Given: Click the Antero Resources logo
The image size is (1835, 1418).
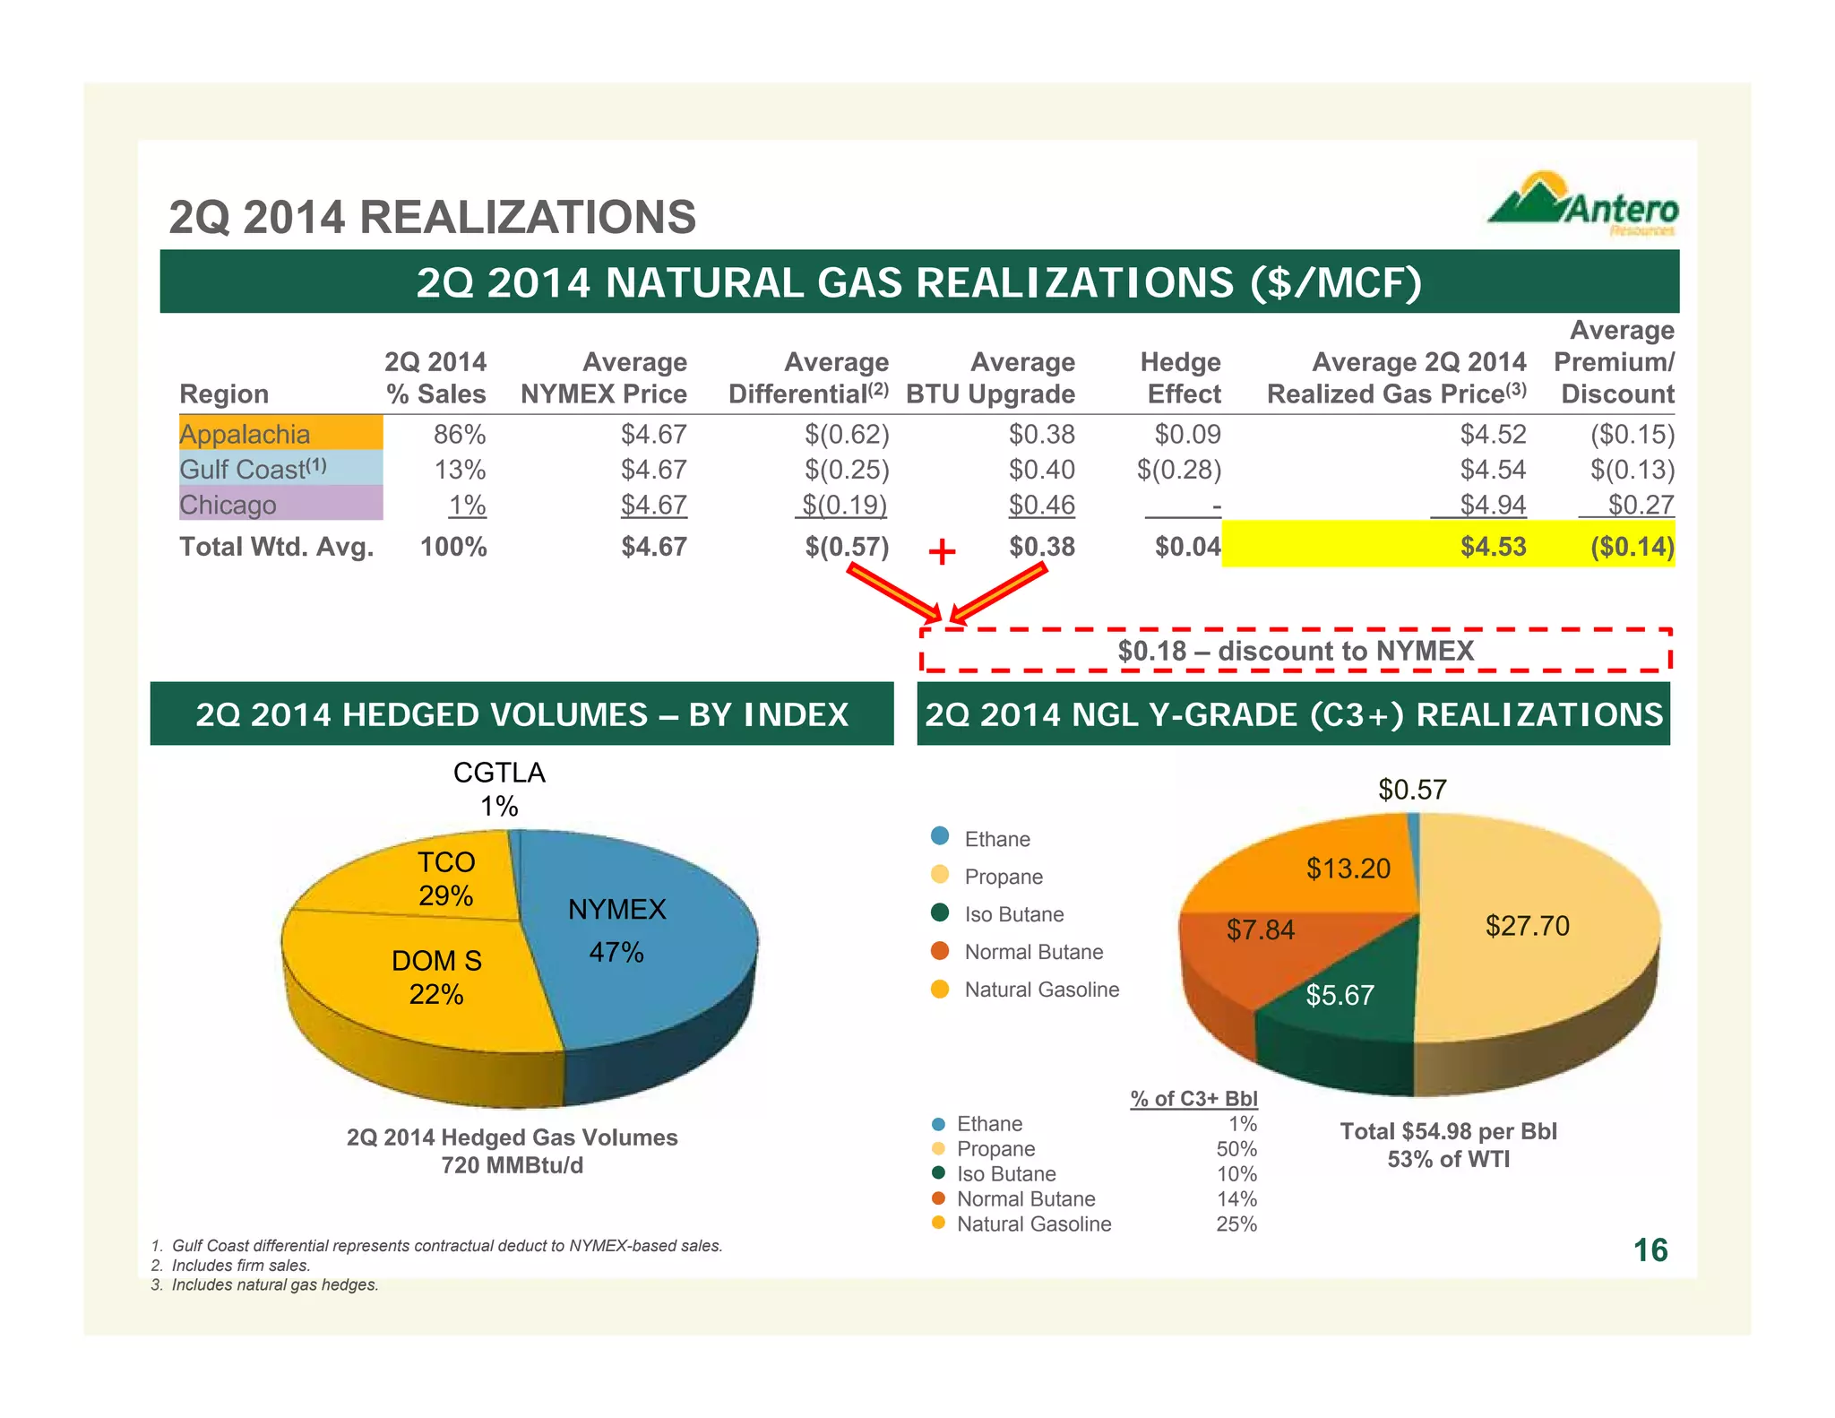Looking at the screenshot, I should [1583, 205].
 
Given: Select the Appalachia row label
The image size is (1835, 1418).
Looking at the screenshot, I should [245, 435].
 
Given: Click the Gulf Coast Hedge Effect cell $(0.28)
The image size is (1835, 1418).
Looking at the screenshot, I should [1178, 470].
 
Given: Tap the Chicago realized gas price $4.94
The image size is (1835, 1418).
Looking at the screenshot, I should [1492, 506].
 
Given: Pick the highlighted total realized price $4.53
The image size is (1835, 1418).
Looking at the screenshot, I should [1492, 547].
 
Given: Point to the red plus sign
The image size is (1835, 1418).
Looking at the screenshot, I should [942, 551].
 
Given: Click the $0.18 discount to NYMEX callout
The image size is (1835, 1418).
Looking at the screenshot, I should [1295, 651].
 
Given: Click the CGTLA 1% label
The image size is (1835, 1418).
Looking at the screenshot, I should [499, 789].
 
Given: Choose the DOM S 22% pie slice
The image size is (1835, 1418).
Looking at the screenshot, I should [436, 977].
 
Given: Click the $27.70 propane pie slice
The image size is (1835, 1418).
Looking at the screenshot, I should [1527, 926].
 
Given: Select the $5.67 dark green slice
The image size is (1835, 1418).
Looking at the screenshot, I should [1340, 995].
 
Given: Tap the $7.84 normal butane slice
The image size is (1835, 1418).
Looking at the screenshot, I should [1260, 930].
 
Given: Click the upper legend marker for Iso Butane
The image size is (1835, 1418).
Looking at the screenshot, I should [940, 913].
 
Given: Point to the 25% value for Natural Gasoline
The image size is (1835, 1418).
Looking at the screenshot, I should [1236, 1224].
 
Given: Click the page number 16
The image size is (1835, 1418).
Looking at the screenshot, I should [1650, 1250].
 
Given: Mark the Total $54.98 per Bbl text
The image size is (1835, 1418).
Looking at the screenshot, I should [1448, 1131].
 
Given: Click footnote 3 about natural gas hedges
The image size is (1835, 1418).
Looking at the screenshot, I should [265, 1285].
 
